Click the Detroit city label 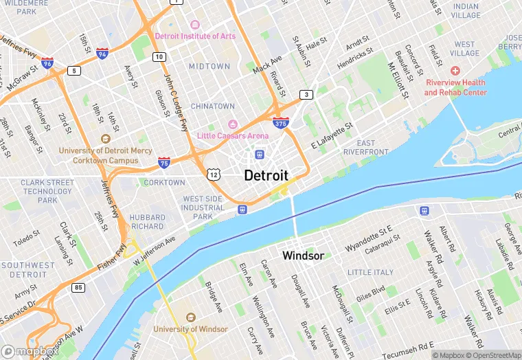pyautogui.click(x=266, y=175)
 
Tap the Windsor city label pyautogui.click(x=303, y=256)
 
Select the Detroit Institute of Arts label pyautogui.click(x=195, y=36)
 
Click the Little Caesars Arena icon pyautogui.click(x=232, y=124)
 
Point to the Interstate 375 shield pyautogui.click(x=280, y=124)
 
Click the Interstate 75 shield pyautogui.click(x=163, y=162)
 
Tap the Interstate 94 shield pyautogui.click(x=102, y=52)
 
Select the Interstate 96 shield pyautogui.click(x=47, y=63)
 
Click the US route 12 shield pyautogui.click(x=215, y=174)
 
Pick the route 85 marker pyautogui.click(x=79, y=286)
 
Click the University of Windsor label pyautogui.click(x=191, y=329)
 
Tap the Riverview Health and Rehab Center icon pyautogui.click(x=455, y=71)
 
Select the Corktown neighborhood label pyautogui.click(x=164, y=183)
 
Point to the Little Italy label pyautogui.click(x=370, y=273)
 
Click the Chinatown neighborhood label pyautogui.click(x=212, y=106)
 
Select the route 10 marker pyautogui.click(x=159, y=56)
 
